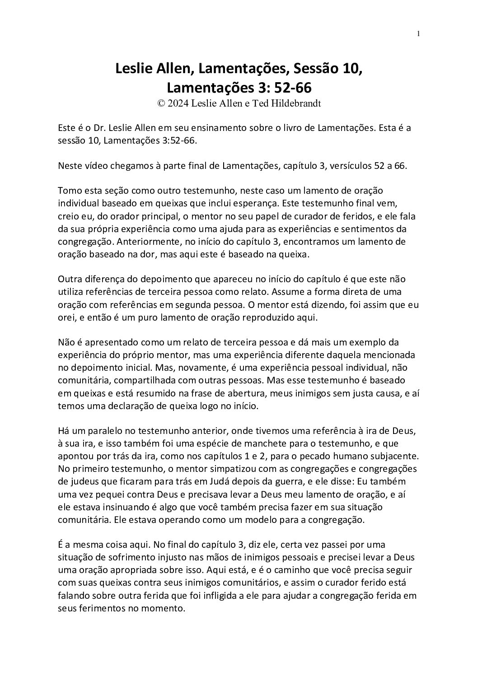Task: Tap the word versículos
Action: (x=350, y=166)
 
